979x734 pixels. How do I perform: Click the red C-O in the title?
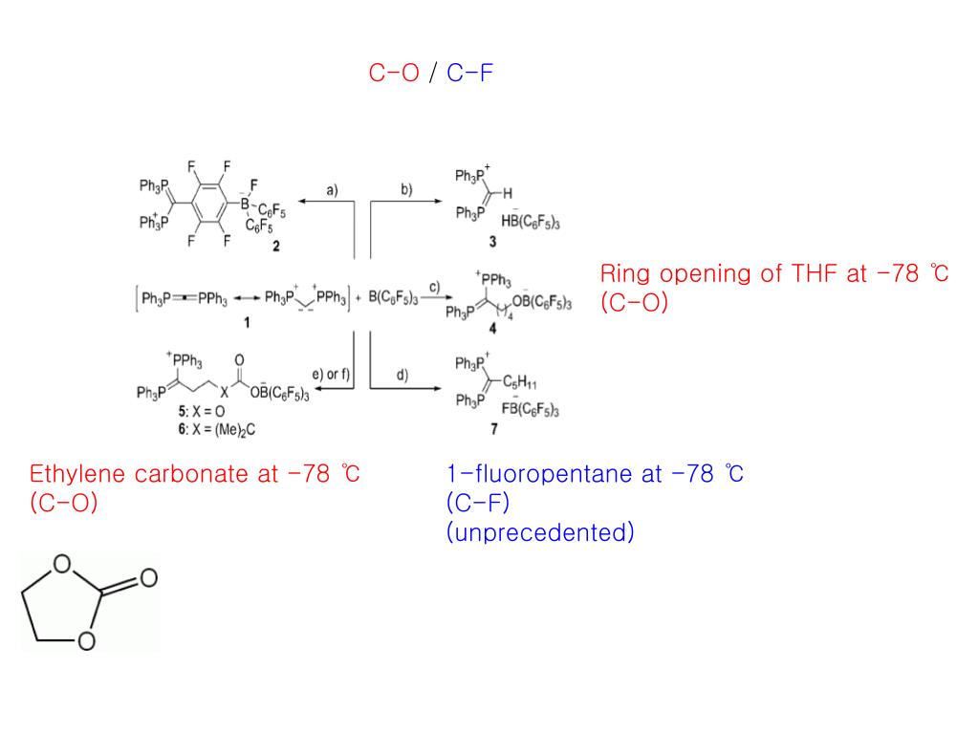[394, 74]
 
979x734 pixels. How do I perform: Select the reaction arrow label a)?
[332, 190]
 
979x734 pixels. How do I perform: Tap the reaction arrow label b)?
[405, 190]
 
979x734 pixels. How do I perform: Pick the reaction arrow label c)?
[433, 288]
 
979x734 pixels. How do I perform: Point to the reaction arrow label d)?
[402, 375]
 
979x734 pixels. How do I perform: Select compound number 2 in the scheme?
[275, 247]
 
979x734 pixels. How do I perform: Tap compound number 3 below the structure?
[491, 243]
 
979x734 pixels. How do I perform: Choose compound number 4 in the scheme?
[492, 327]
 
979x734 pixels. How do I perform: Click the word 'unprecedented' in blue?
[540, 532]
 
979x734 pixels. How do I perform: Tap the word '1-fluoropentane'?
[531, 474]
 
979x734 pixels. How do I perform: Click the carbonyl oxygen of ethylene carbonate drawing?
[147, 578]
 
